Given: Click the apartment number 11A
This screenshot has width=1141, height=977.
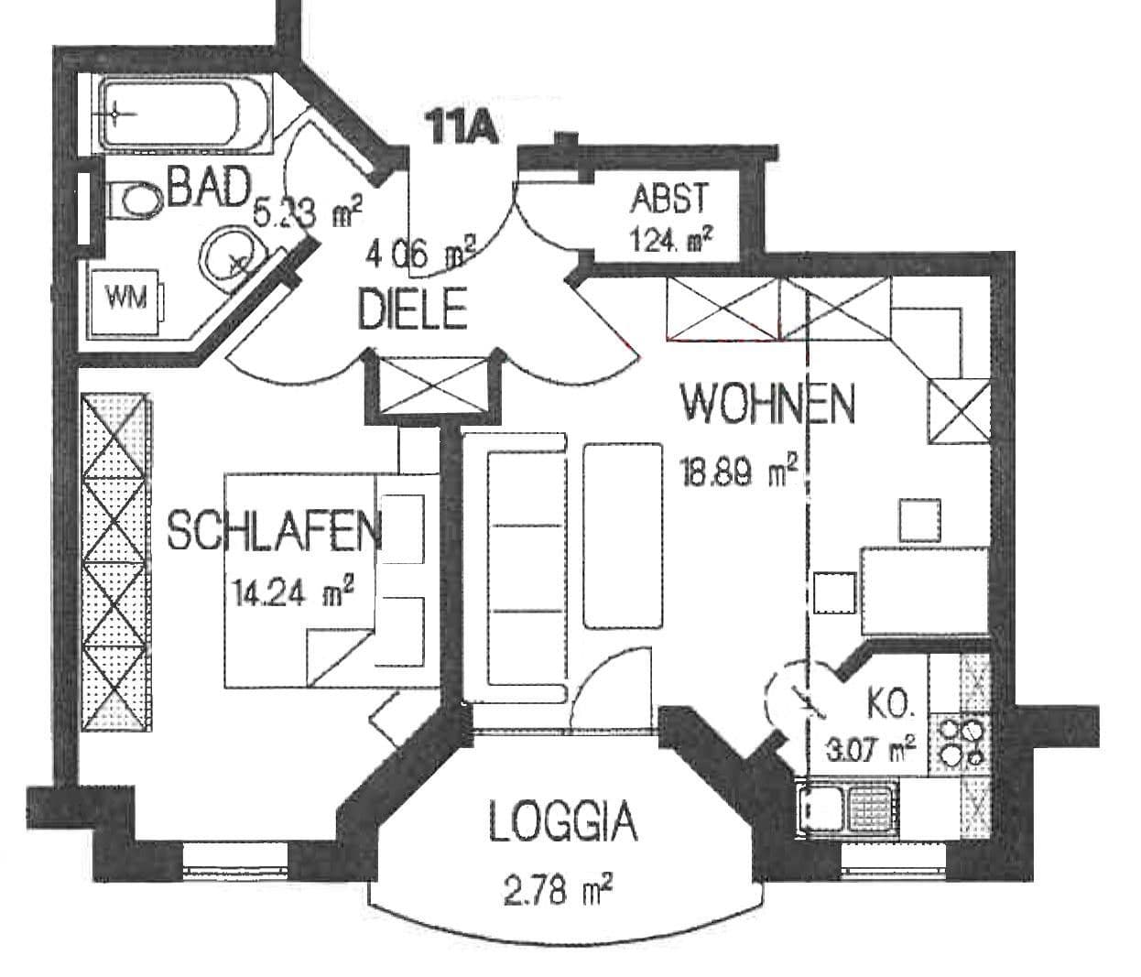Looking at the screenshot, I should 463,126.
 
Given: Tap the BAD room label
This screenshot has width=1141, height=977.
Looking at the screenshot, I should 209,189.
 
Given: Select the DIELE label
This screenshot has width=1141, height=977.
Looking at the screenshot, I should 412,309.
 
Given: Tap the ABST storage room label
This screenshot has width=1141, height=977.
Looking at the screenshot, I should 668,197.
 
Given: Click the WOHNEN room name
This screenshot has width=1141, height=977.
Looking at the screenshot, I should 767,403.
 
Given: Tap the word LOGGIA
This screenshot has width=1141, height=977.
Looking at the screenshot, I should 562,821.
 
